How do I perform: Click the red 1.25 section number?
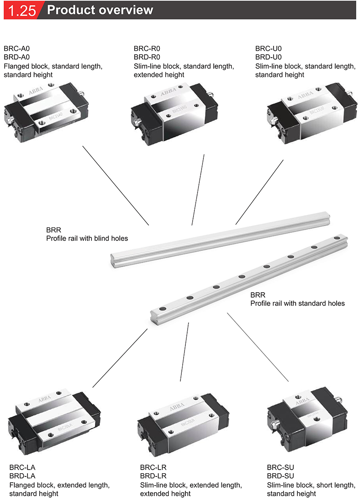click(x=22, y=10)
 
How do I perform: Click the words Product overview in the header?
click(x=100, y=10)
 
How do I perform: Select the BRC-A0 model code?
click(x=17, y=49)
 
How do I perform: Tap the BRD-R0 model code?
click(x=147, y=57)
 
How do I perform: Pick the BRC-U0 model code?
click(x=268, y=49)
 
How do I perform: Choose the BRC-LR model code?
click(x=153, y=467)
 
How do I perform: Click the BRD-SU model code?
click(x=280, y=476)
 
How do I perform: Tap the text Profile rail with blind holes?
click(x=87, y=238)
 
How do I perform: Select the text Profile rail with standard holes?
click(x=297, y=304)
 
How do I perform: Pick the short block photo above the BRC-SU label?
click(x=307, y=417)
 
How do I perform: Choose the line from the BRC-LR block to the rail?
click(x=184, y=352)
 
